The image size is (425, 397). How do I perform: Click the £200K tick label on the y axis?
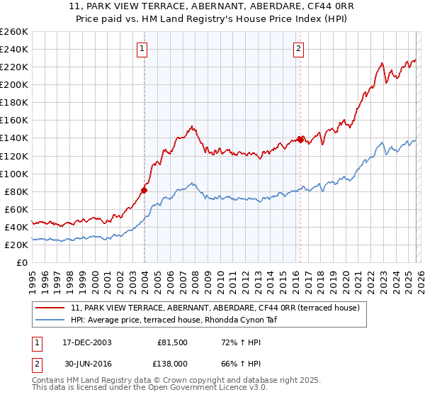click(13, 84)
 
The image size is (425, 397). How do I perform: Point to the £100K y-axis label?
click(13, 174)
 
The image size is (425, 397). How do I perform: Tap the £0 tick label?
click(21, 262)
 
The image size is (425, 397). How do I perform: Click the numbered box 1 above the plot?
click(142, 49)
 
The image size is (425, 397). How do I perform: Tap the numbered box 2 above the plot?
click(298, 49)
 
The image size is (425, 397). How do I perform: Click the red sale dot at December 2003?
click(144, 190)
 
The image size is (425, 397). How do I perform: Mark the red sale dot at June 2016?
click(300, 140)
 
